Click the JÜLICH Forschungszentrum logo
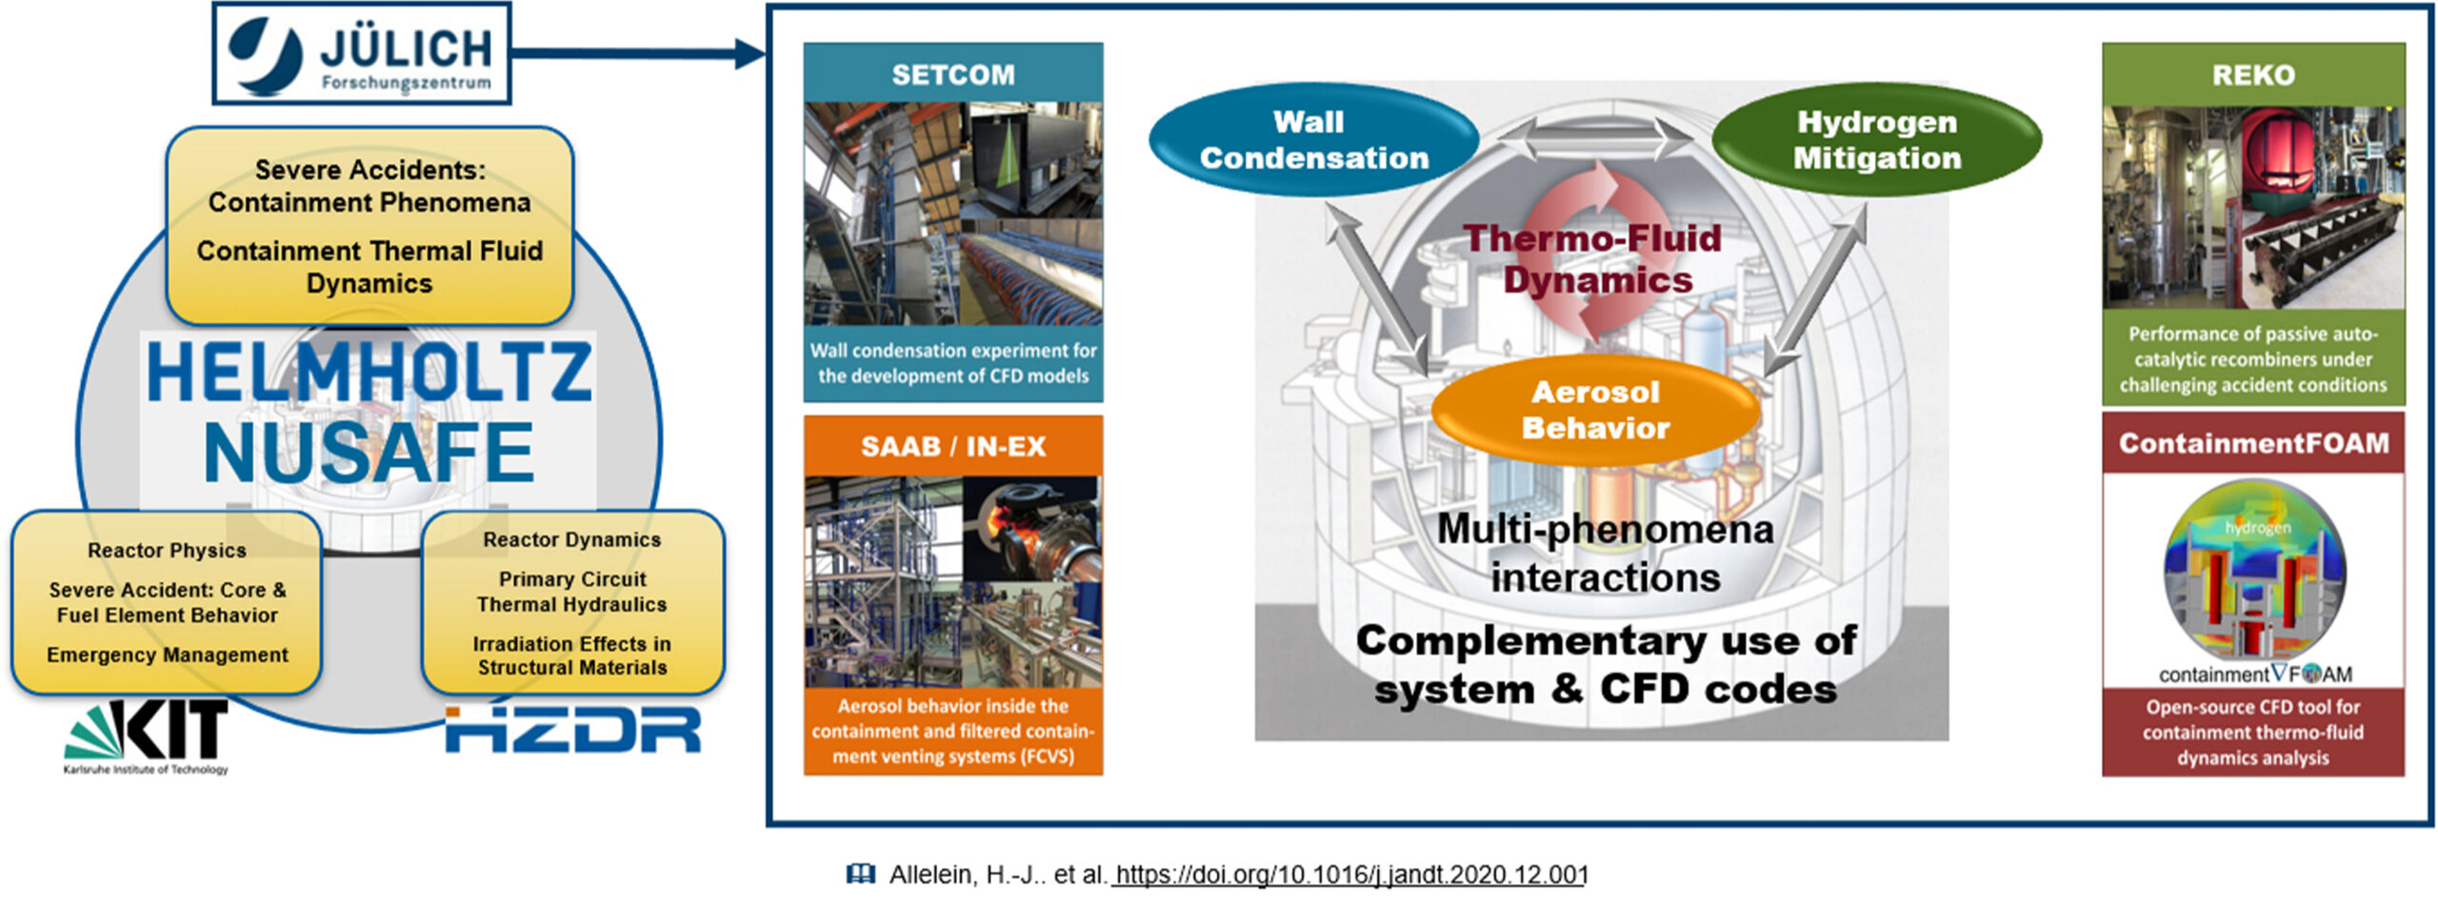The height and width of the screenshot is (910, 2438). tap(361, 54)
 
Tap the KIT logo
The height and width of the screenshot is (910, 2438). tap(147, 737)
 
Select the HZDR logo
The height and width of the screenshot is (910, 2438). tap(573, 729)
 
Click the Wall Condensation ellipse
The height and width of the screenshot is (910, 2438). tap(1313, 140)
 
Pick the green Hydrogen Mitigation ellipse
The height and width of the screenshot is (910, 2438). tap(1876, 140)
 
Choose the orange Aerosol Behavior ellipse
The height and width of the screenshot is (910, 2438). tap(1595, 410)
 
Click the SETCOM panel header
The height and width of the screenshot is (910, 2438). tap(953, 73)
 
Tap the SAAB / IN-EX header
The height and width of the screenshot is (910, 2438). tap(953, 446)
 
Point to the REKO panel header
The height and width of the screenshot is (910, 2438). tap(2253, 74)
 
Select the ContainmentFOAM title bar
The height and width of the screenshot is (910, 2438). tap(2253, 443)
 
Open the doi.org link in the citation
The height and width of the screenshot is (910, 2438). tap(1349, 875)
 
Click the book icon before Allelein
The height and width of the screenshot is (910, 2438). tap(860, 874)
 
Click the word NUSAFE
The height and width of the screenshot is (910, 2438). tap(369, 453)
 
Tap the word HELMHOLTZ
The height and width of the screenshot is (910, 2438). tap(369, 372)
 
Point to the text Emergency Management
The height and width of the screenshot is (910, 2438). tap(167, 655)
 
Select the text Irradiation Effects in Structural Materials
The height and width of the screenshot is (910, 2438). tap(572, 656)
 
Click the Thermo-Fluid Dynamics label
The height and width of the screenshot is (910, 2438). tap(1593, 259)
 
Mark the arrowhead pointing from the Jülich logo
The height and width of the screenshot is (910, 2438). tap(750, 52)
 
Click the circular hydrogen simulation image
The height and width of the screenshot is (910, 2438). tap(2254, 571)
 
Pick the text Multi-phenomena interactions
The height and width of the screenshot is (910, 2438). tap(1606, 553)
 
